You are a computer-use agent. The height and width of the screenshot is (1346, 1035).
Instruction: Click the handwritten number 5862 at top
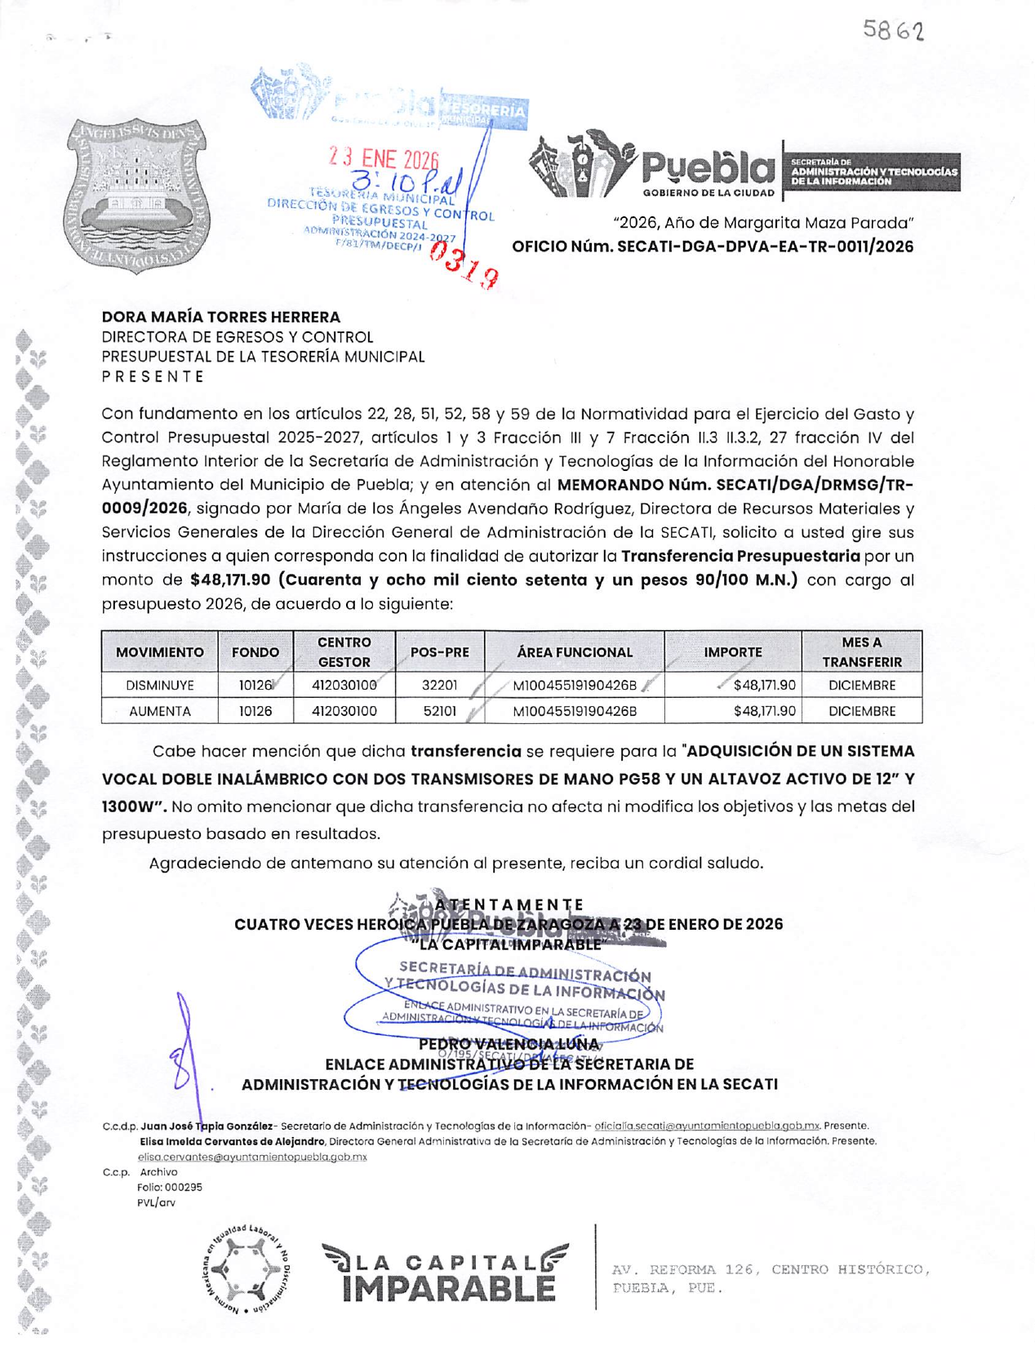(x=893, y=31)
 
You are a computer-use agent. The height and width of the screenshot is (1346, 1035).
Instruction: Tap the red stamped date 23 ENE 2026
(x=383, y=159)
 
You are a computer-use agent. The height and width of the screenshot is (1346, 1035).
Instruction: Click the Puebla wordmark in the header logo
(x=708, y=169)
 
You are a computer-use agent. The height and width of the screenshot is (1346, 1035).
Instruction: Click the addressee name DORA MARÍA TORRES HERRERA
(x=220, y=317)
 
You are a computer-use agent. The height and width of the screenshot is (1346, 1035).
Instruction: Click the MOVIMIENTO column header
(x=159, y=652)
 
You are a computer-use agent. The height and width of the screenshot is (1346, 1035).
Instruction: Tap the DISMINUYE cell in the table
(x=159, y=686)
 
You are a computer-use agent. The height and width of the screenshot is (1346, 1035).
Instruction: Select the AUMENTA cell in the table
(x=159, y=711)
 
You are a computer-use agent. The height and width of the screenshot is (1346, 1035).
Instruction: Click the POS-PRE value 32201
(x=439, y=686)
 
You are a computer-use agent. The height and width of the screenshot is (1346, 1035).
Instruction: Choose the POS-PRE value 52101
(x=439, y=711)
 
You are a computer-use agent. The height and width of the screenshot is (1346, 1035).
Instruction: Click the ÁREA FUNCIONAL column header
(x=574, y=652)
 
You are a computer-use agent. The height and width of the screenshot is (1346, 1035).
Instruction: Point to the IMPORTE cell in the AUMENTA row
(x=764, y=711)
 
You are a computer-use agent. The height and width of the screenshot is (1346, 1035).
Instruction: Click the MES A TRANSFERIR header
(x=861, y=652)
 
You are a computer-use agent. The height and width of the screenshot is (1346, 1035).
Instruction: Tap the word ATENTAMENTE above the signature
(x=509, y=904)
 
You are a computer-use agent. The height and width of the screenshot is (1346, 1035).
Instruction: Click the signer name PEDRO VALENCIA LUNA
(x=509, y=1044)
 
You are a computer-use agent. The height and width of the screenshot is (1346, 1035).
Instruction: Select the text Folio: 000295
(x=170, y=1188)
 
